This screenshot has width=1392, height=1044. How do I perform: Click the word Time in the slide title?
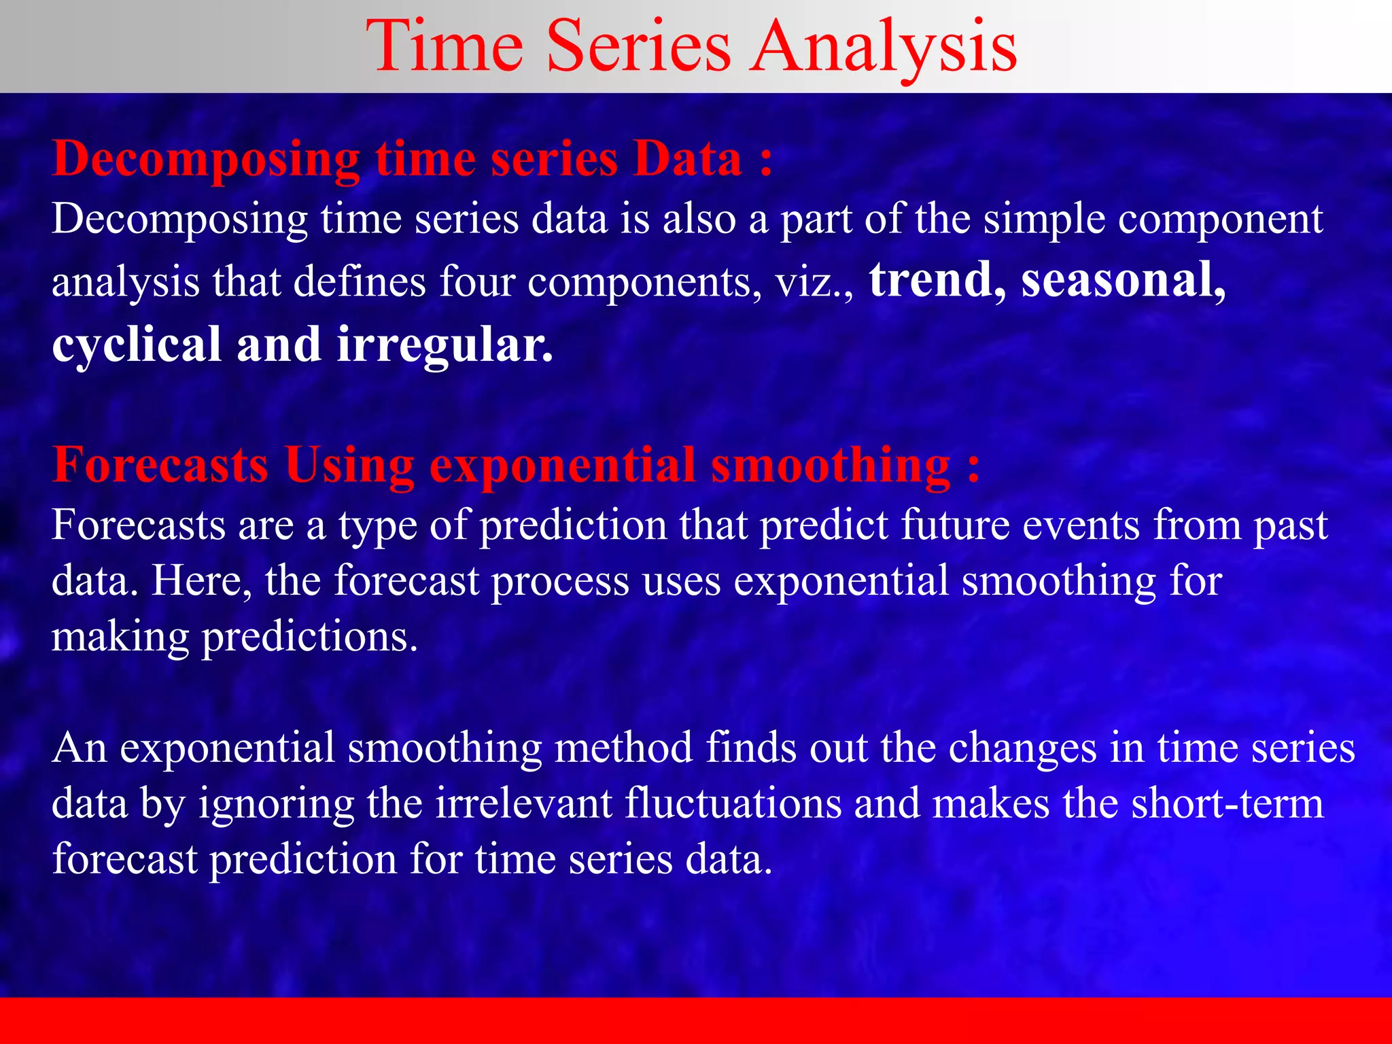point(445,46)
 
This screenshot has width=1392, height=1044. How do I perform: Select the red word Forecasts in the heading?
point(160,466)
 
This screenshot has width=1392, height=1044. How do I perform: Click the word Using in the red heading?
point(349,466)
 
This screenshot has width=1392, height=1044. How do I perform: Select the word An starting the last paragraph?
point(80,748)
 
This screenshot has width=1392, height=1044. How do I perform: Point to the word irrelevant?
point(523,804)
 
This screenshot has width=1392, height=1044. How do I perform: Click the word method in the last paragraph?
point(623,748)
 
